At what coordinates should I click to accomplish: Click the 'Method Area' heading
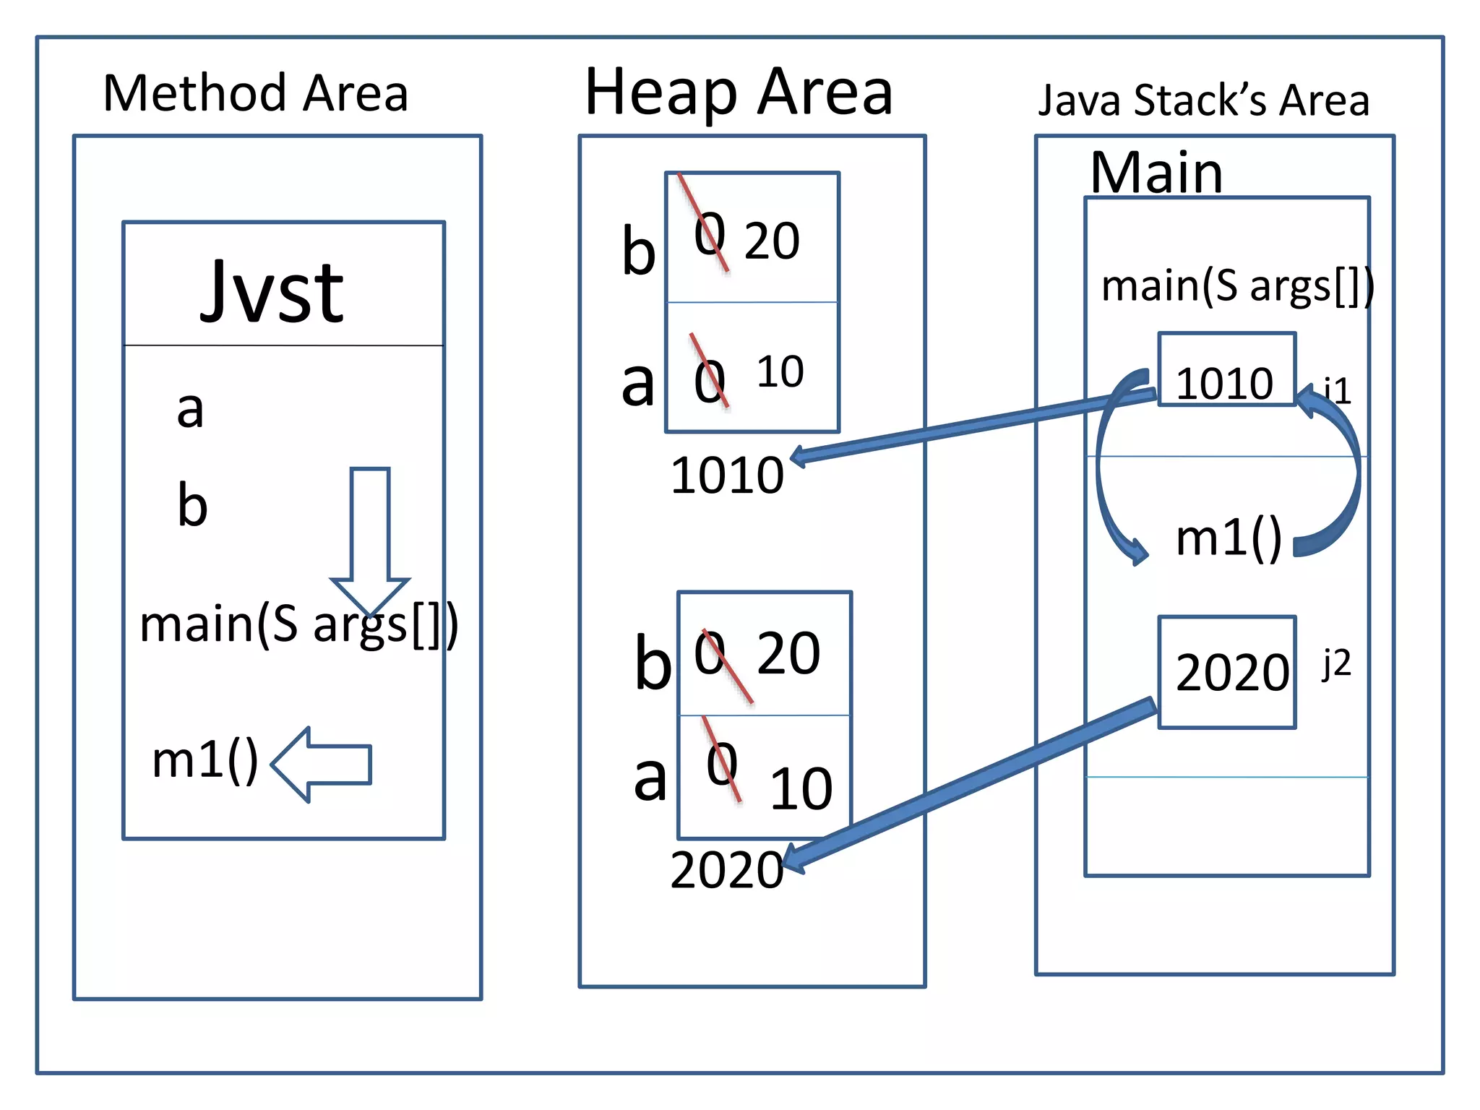[x=256, y=94]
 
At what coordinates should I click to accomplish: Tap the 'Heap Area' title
[x=739, y=92]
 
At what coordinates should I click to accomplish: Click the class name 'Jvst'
[x=272, y=292]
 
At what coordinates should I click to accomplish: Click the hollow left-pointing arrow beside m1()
[x=322, y=765]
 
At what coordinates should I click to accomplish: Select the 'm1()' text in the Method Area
[x=205, y=760]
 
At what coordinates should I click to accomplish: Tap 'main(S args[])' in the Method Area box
[x=298, y=624]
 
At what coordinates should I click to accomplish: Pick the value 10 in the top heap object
[x=780, y=372]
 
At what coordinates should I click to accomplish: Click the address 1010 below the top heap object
[x=727, y=476]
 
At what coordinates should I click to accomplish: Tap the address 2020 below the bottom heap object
[x=727, y=870]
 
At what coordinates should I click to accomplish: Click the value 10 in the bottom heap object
[x=801, y=788]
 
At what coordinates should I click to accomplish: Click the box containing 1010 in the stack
[x=1226, y=370]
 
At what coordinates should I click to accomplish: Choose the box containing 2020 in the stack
[x=1226, y=672]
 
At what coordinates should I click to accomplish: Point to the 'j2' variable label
[x=1336, y=663]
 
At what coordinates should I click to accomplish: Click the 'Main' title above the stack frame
[x=1156, y=173]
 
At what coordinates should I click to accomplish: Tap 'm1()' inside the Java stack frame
[x=1229, y=538]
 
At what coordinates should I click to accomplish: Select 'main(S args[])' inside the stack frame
[x=1237, y=286]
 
